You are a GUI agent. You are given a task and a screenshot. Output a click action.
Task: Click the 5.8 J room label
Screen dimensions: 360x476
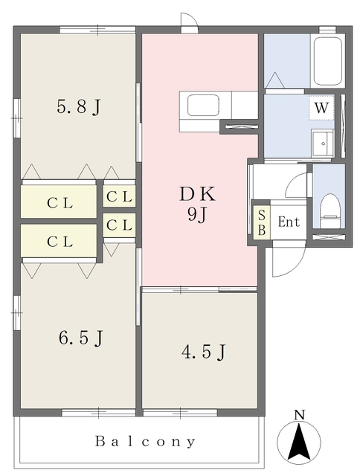[x=78, y=106]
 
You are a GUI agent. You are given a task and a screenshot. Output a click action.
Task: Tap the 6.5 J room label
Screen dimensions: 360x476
[x=81, y=338]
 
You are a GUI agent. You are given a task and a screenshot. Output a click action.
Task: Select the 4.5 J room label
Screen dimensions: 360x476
[x=204, y=352]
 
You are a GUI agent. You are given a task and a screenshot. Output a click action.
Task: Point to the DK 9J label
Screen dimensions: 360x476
[x=198, y=205]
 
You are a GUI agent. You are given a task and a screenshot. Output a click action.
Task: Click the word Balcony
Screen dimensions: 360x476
[x=145, y=442]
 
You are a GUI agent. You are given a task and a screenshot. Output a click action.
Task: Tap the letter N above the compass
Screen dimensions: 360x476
[x=299, y=415]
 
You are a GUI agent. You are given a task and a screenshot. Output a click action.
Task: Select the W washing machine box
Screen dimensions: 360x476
[x=321, y=107]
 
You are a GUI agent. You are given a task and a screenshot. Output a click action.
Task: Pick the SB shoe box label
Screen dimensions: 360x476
[x=262, y=222]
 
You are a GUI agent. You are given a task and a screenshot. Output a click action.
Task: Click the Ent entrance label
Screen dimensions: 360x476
[x=289, y=222]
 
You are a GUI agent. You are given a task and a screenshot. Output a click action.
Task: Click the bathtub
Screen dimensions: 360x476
[x=328, y=61]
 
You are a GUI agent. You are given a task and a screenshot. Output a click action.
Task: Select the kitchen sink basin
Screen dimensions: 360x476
[x=203, y=106]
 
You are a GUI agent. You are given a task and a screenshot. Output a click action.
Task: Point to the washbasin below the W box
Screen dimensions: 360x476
[x=323, y=144]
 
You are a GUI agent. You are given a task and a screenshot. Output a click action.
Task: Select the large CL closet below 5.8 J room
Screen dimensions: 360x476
[x=59, y=202]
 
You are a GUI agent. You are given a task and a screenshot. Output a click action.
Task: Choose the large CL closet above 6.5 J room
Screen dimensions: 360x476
[x=59, y=241]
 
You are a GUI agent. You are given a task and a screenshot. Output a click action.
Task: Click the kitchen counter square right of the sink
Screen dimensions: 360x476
[x=245, y=105]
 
